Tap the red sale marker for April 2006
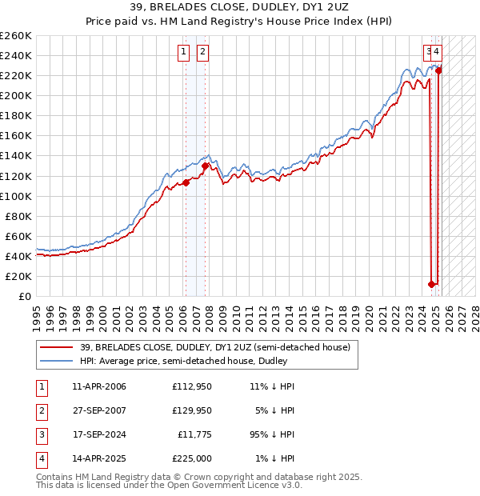coord(186,182)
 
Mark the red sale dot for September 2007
coord(206,166)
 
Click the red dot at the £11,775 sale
coord(432,284)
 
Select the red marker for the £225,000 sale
coord(439,70)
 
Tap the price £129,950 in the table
coord(191,410)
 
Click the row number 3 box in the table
coord(41,434)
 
